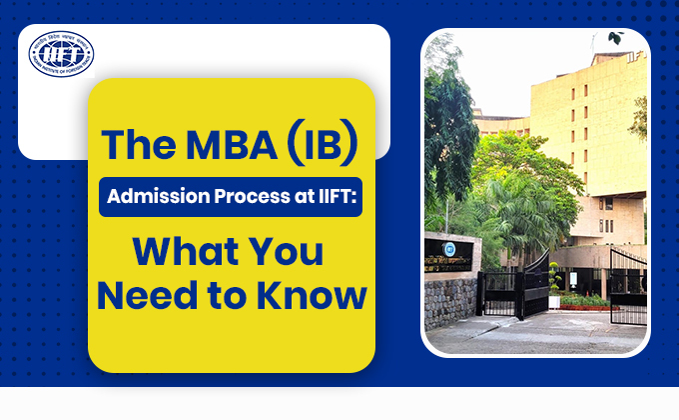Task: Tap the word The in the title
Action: pos(141,145)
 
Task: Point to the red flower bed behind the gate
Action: pos(589,299)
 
